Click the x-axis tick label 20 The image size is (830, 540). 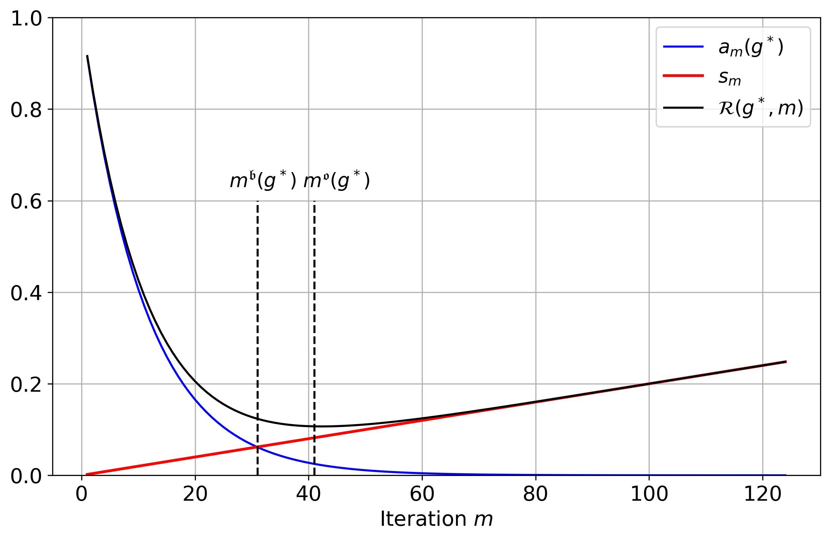point(195,495)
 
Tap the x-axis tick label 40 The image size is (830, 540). point(308,495)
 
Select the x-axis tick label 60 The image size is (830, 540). point(422,495)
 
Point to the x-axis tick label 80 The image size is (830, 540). point(535,495)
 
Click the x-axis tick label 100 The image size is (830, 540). point(649,495)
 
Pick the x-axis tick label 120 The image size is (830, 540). point(762,495)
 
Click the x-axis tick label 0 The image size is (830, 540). point(82,495)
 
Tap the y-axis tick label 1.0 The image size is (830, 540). point(26,19)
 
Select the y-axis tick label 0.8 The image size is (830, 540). point(26,110)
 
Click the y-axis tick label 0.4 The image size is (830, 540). point(26,293)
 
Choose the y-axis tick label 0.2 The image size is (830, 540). point(26,385)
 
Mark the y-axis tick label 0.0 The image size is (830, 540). point(26,477)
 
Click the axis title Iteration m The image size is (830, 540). point(436,520)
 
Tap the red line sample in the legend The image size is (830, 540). point(683,76)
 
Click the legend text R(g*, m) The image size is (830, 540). point(761,108)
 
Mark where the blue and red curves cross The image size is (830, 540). point(257,447)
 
